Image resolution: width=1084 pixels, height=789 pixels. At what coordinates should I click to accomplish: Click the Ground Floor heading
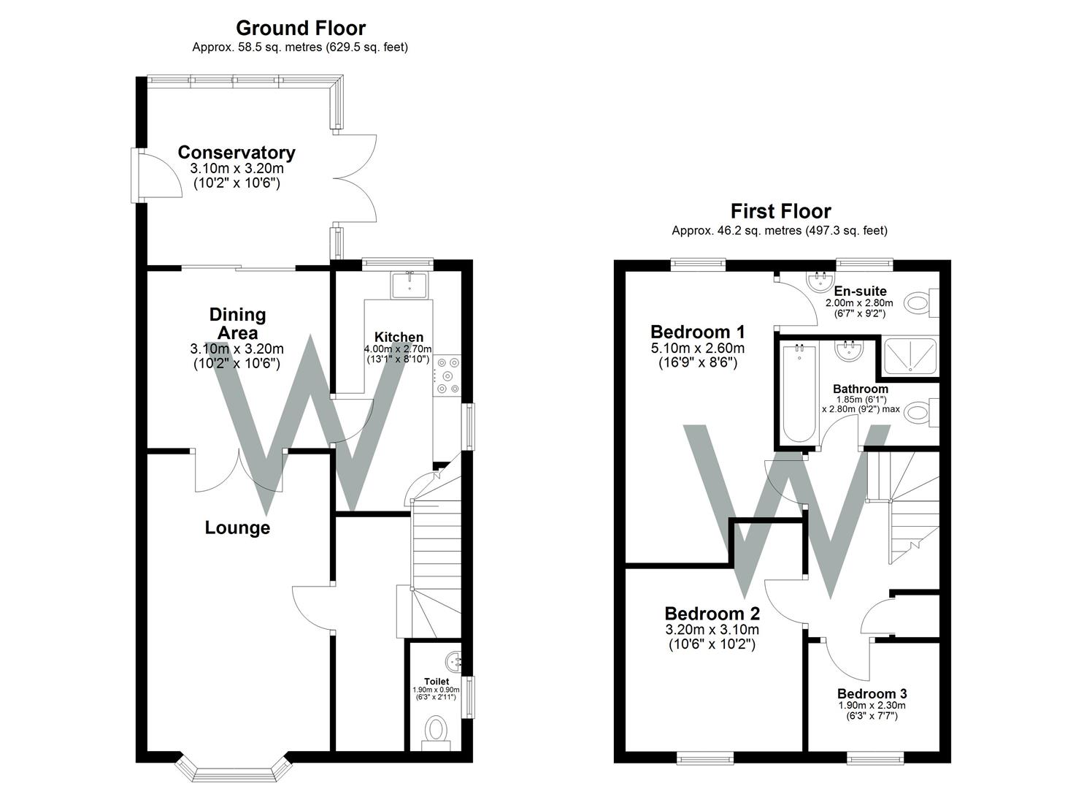pos(301,28)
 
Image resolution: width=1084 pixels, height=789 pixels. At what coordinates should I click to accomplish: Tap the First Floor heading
pos(780,212)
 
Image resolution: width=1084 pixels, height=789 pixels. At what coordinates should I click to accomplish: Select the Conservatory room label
pos(237,153)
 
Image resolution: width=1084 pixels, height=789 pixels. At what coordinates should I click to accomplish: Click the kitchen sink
pos(410,285)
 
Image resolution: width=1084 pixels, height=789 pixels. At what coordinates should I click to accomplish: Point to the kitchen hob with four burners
pos(448,375)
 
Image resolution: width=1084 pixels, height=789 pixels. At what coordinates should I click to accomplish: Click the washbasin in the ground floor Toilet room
pos(453,660)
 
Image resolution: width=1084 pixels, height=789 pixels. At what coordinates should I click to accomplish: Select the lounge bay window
pos(234,769)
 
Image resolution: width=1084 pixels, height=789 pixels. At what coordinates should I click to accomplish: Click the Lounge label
pos(237,527)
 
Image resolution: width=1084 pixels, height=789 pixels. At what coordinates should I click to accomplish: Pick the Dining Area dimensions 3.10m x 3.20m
pos(237,348)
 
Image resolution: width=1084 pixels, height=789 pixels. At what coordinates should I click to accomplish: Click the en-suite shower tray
pos(910,356)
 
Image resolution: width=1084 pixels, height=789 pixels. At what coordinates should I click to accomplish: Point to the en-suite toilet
pos(921,303)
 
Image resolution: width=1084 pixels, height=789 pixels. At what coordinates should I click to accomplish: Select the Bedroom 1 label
pos(697,332)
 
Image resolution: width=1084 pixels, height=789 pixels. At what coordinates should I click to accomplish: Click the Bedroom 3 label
pos(872,693)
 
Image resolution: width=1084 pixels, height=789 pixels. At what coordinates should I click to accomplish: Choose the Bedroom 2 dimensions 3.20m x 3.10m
pos(712,630)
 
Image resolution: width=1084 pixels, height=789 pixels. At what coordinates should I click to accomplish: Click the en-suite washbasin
pos(819,281)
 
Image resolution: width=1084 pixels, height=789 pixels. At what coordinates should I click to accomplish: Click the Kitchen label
pos(399,337)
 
